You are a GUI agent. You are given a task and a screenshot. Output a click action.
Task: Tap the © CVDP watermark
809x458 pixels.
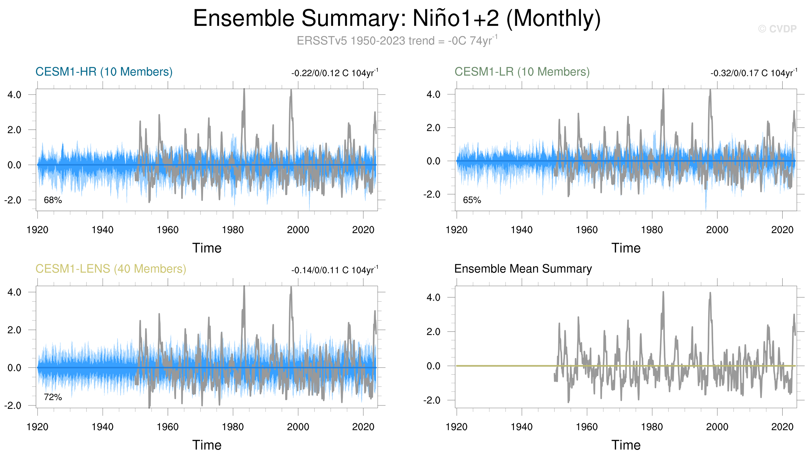pyautogui.click(x=777, y=29)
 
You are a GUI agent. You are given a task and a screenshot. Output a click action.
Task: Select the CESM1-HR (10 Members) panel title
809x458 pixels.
pyautogui.click(x=104, y=72)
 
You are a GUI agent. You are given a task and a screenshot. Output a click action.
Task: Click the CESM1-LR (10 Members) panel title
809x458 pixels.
pyautogui.click(x=522, y=72)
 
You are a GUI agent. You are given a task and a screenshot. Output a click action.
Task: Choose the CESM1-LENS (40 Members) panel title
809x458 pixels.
pyautogui.click(x=111, y=269)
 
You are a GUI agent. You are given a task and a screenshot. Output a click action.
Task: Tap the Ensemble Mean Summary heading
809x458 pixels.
pyautogui.click(x=523, y=269)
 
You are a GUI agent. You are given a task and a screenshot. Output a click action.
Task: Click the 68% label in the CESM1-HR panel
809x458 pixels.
pyautogui.click(x=53, y=200)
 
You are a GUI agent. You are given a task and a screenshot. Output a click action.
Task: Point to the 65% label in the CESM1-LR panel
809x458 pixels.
pyautogui.click(x=472, y=200)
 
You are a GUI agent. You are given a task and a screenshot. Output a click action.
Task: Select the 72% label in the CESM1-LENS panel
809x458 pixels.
pyautogui.click(x=53, y=397)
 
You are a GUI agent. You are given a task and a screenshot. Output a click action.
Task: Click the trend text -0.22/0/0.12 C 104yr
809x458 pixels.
pyautogui.click(x=334, y=73)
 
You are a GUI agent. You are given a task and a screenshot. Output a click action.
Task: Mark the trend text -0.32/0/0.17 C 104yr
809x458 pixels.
pyautogui.click(x=753, y=73)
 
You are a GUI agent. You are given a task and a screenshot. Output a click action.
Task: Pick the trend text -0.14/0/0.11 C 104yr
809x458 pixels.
pyautogui.click(x=334, y=270)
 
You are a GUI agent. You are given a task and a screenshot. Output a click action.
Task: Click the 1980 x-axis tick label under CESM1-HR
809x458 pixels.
pyautogui.click(x=233, y=230)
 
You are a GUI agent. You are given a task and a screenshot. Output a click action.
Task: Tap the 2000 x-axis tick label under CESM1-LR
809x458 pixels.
pyautogui.click(x=717, y=230)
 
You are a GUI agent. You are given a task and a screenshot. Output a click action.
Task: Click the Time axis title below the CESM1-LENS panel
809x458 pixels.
pyautogui.click(x=207, y=445)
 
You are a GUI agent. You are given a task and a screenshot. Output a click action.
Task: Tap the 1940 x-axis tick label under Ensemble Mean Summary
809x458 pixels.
pyautogui.click(x=522, y=427)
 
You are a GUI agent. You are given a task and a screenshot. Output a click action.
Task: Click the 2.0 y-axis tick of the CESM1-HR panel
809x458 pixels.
pyautogui.click(x=14, y=130)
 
